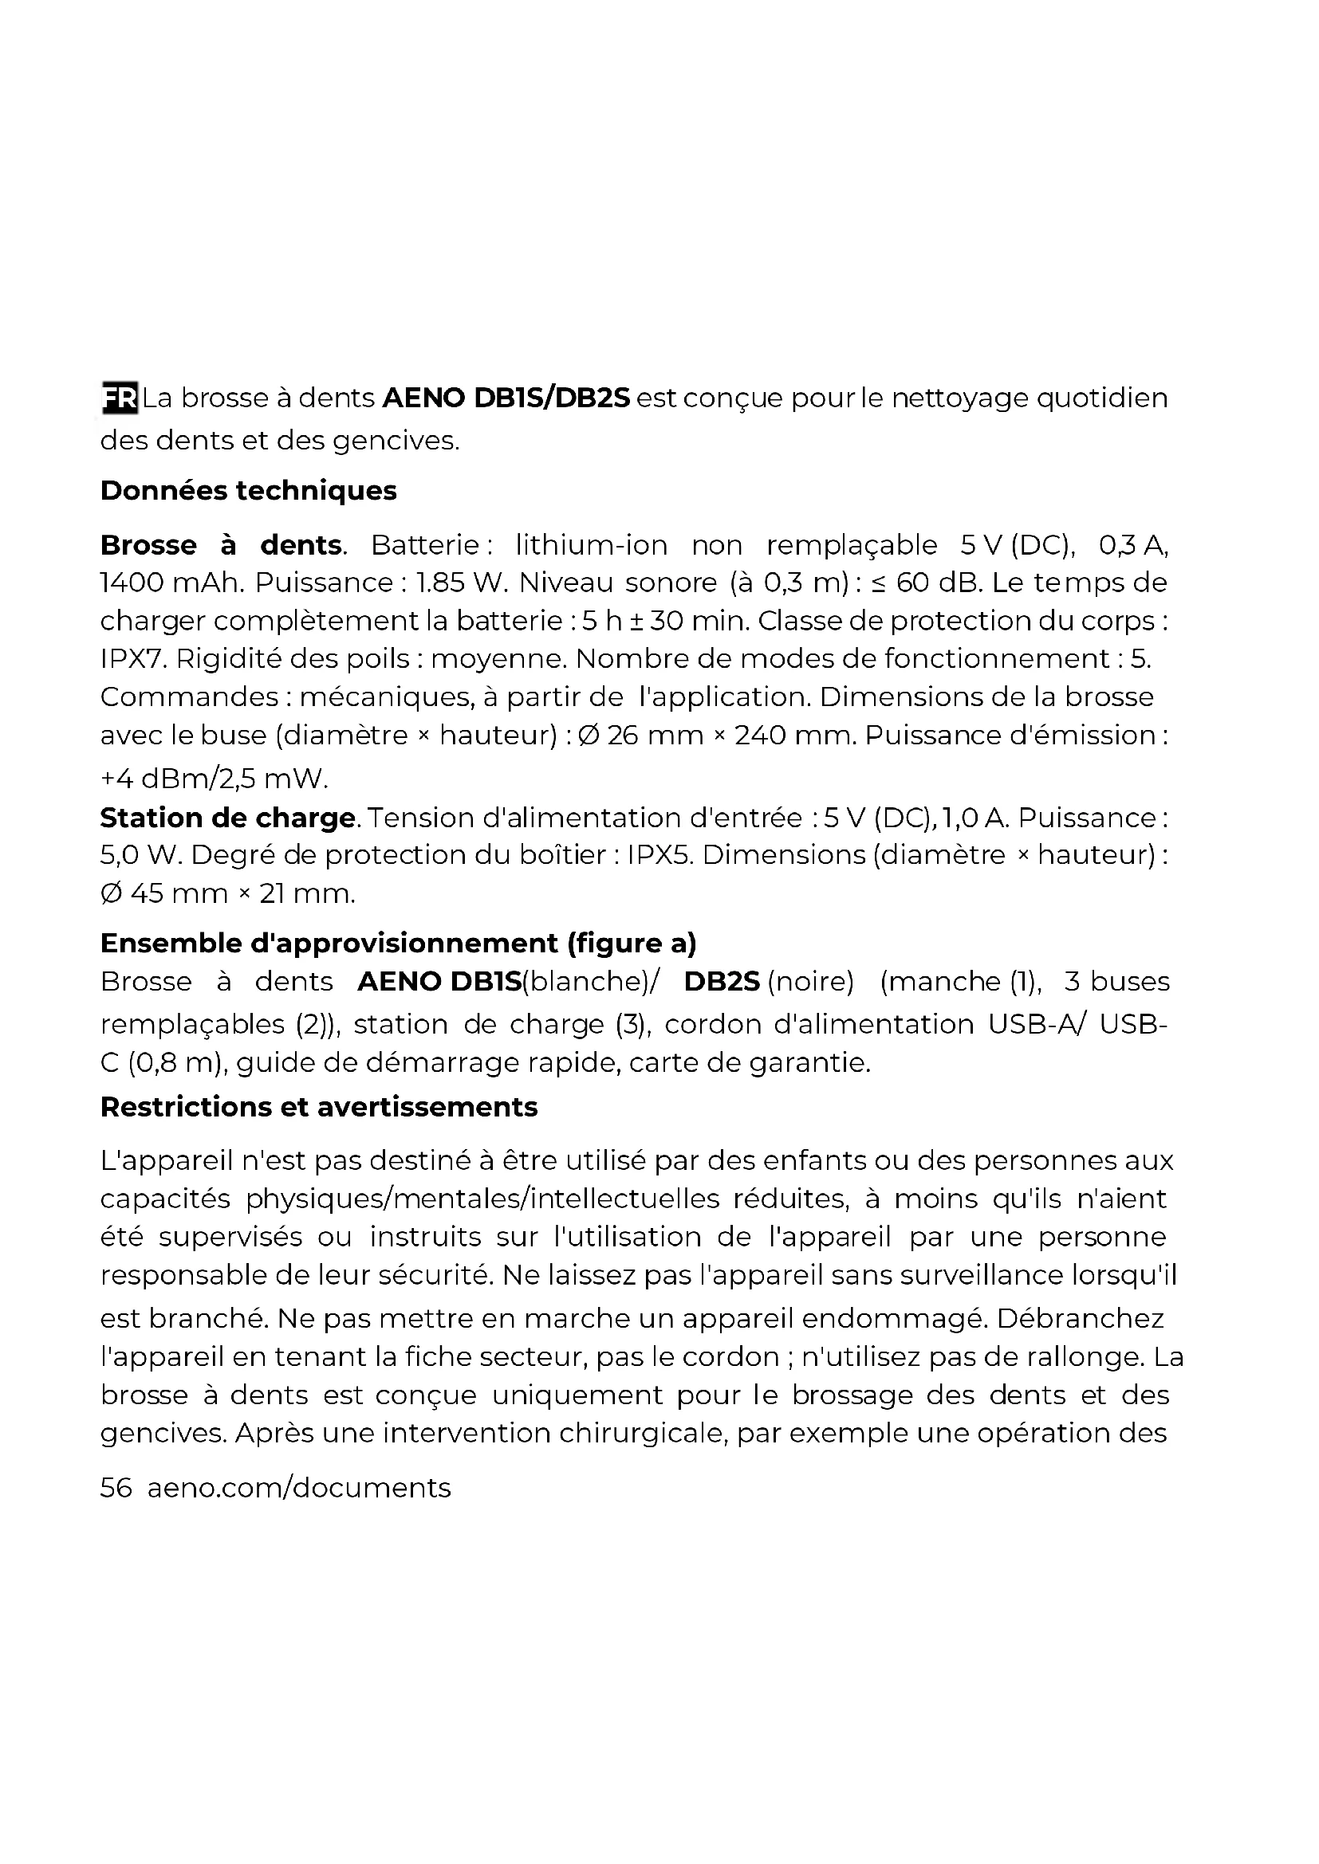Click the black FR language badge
click(x=120, y=398)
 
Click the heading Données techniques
click(x=249, y=490)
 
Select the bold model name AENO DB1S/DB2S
click(x=506, y=398)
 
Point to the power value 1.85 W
click(x=460, y=582)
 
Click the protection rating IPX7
click(x=132, y=658)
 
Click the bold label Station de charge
click(x=227, y=818)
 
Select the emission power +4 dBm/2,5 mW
click(x=215, y=779)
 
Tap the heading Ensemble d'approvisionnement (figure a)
click(x=398, y=943)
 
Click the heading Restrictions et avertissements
click(x=318, y=1107)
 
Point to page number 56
click(x=116, y=1487)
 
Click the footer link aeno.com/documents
click(x=299, y=1487)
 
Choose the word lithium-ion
click(x=591, y=545)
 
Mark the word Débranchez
click(x=1081, y=1317)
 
